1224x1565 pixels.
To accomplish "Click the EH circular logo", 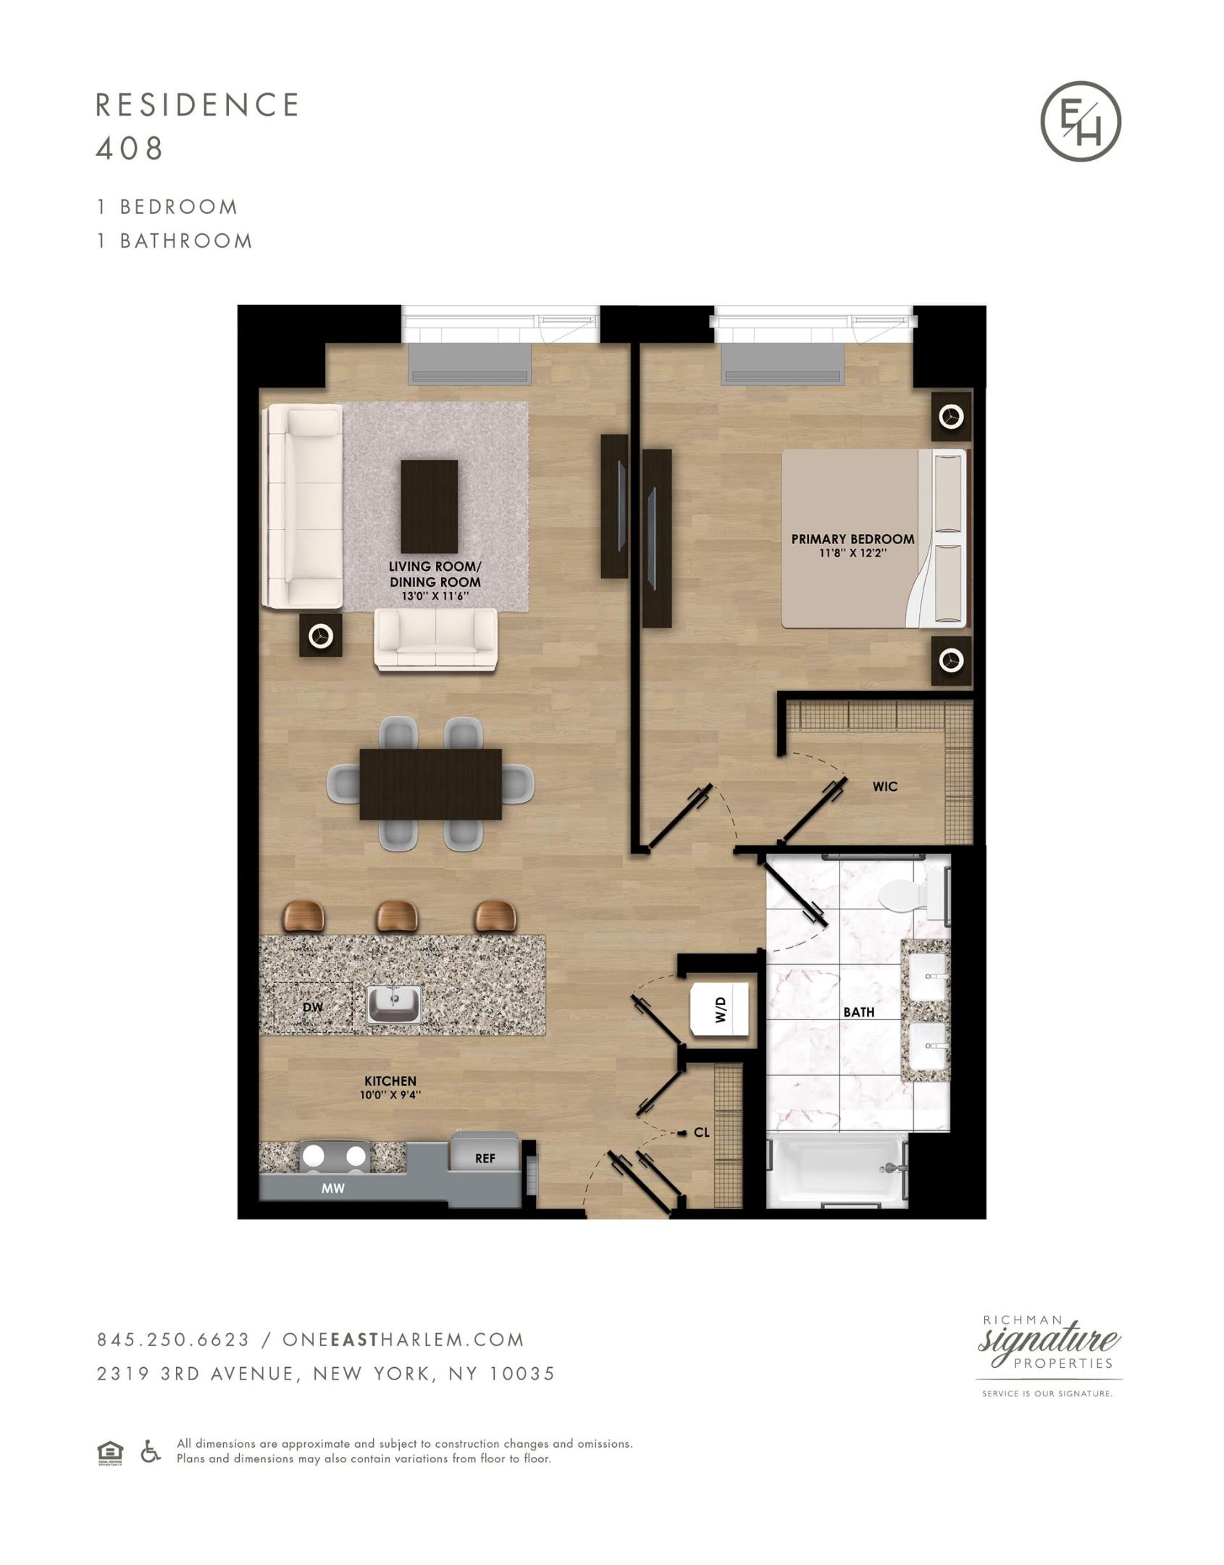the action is (1081, 121).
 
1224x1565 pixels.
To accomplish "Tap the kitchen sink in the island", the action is (394, 1004).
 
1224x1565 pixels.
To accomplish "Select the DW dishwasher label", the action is (313, 1007).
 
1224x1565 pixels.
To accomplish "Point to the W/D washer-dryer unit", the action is (720, 1009).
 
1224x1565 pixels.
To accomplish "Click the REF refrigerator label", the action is (485, 1158).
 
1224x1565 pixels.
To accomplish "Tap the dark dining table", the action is (430, 784).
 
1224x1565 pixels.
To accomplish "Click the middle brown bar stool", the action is (396, 916).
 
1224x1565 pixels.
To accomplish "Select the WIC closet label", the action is (885, 786).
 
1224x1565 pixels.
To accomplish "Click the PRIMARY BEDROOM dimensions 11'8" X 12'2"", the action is (852, 553).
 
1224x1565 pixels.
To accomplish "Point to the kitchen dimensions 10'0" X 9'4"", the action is (390, 1095).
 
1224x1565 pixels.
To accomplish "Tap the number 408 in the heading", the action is (129, 149).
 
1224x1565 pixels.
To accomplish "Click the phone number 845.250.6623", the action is (173, 1340).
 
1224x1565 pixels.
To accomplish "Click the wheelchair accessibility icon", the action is (150, 1451).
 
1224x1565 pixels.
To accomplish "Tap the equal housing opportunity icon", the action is (110, 1452).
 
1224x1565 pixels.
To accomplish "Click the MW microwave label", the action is (333, 1188).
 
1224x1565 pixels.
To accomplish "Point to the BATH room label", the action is (858, 1012).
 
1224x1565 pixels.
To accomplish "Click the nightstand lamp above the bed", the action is (951, 417).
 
